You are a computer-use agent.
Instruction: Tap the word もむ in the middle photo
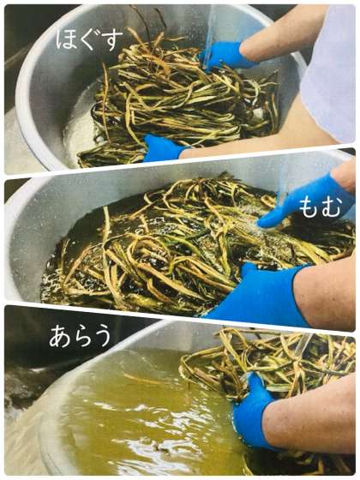point(320,207)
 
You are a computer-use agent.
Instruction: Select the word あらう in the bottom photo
point(81,336)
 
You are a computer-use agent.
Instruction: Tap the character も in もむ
point(309,207)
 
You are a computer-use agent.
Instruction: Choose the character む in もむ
point(331,207)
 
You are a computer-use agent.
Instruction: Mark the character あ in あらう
point(60,336)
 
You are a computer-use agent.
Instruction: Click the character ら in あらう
point(81,336)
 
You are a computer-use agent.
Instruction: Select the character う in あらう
point(102,336)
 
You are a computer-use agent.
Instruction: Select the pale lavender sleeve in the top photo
point(328,74)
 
